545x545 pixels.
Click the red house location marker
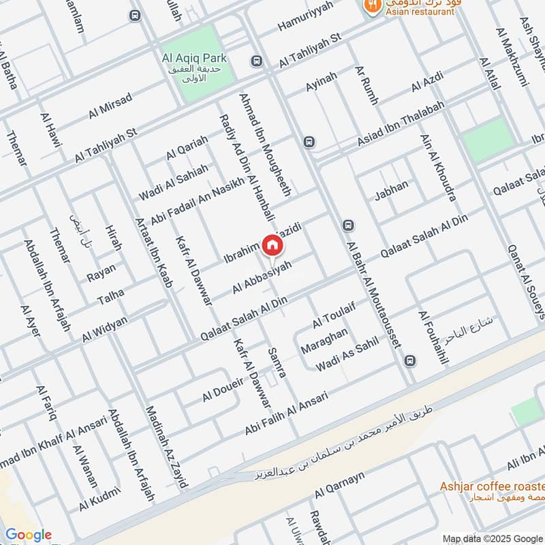[x=272, y=245]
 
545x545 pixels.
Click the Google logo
[x=28, y=535]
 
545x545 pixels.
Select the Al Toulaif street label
[x=334, y=313]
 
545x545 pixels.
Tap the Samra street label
[x=277, y=363]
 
